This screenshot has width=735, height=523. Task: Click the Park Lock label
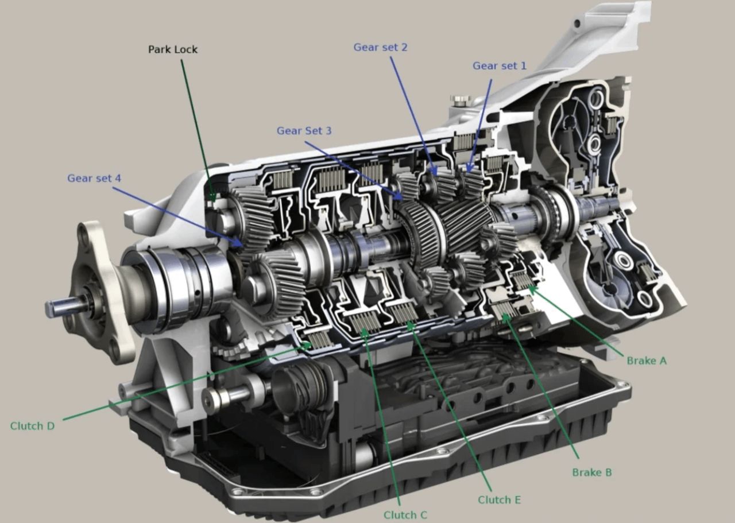pyautogui.click(x=173, y=49)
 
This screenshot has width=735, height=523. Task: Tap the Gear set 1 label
pyautogui.click(x=499, y=65)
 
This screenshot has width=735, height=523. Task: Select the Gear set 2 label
pyautogui.click(x=380, y=47)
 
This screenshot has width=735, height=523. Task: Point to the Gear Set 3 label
pyautogui.click(x=304, y=130)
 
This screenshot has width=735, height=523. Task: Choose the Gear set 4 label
pyautogui.click(x=94, y=178)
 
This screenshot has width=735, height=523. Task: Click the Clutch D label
pyautogui.click(x=32, y=426)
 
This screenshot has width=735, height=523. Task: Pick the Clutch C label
pyautogui.click(x=405, y=515)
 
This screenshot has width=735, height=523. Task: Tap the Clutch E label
pyautogui.click(x=499, y=499)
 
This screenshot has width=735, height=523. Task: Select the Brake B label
pyautogui.click(x=592, y=472)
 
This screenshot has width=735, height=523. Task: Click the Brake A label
pyautogui.click(x=647, y=361)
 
